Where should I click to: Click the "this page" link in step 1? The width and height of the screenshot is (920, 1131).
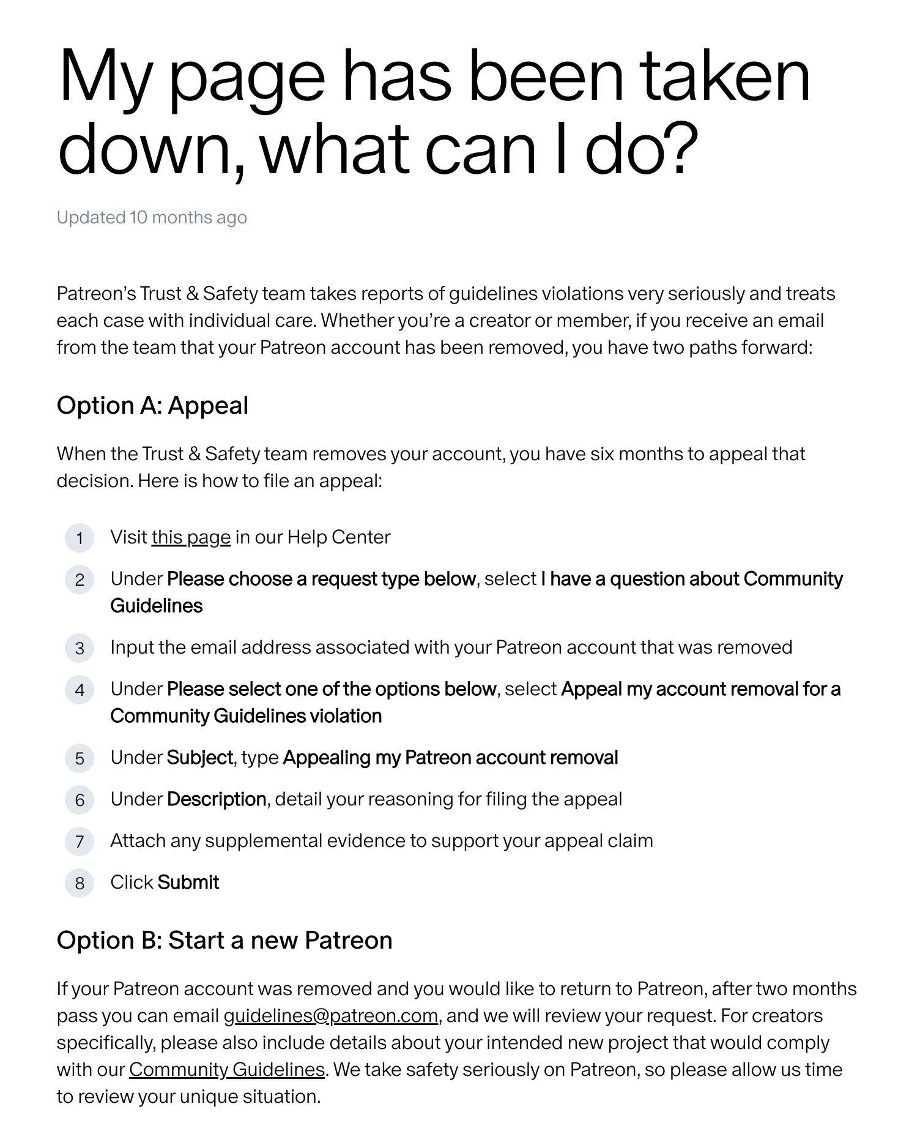point(191,537)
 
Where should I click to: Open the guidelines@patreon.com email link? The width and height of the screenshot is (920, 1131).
point(331,1016)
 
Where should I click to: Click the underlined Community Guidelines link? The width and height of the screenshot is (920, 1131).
point(226,1070)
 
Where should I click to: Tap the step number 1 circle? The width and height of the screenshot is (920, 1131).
point(80,539)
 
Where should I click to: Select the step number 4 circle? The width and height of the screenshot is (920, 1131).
point(80,690)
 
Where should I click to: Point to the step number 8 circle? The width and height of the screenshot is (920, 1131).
point(80,883)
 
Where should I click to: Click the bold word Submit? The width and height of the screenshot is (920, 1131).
point(188,883)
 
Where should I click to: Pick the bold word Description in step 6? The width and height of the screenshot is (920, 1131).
point(217,799)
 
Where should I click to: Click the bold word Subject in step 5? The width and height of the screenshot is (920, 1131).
point(200,758)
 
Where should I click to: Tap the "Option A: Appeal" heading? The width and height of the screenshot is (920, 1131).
point(152,406)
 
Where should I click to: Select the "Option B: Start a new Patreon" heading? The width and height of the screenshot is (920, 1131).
point(224,941)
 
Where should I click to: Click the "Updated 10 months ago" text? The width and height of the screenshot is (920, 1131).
point(152,218)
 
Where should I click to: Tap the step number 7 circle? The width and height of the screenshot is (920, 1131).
point(80,842)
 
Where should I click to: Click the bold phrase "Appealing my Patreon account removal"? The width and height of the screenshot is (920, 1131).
point(450,758)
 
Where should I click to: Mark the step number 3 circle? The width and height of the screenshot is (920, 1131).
point(80,648)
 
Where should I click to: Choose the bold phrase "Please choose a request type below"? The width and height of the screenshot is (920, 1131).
point(321,579)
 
